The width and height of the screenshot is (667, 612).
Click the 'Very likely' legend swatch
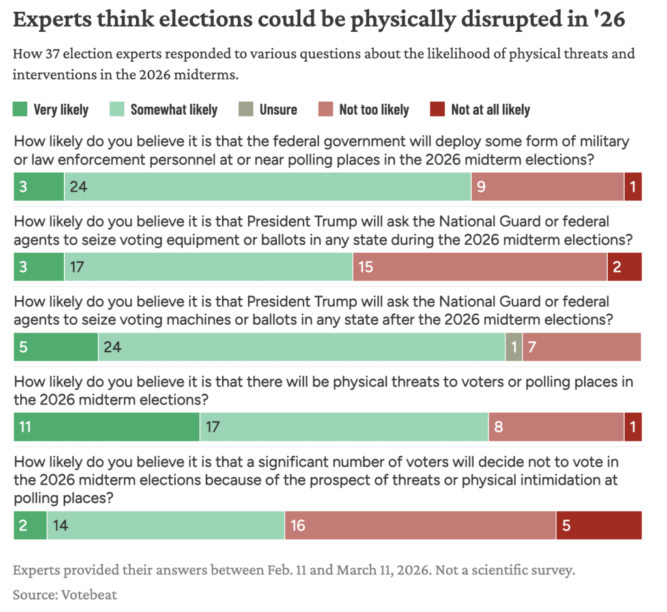point(21,109)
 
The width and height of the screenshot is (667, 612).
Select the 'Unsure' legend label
point(278,109)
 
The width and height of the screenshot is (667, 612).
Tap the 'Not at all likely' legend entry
point(490,109)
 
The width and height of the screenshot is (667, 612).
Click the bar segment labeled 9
point(547,187)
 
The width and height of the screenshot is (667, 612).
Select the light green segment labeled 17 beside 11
point(344,427)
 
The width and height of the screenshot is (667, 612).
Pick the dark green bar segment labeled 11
point(106,427)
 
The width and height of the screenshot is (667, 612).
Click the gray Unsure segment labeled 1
point(514,347)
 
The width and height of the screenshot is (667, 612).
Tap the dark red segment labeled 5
point(599,525)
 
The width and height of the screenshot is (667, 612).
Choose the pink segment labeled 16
point(420,525)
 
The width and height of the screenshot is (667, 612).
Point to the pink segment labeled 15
point(480,267)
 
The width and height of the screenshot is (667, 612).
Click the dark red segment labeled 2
point(624,267)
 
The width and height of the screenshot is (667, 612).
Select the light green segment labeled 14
point(165,525)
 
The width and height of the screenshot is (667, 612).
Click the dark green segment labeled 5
point(55,347)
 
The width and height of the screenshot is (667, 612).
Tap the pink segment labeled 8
point(556,427)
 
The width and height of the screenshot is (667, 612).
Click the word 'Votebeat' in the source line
point(90,594)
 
